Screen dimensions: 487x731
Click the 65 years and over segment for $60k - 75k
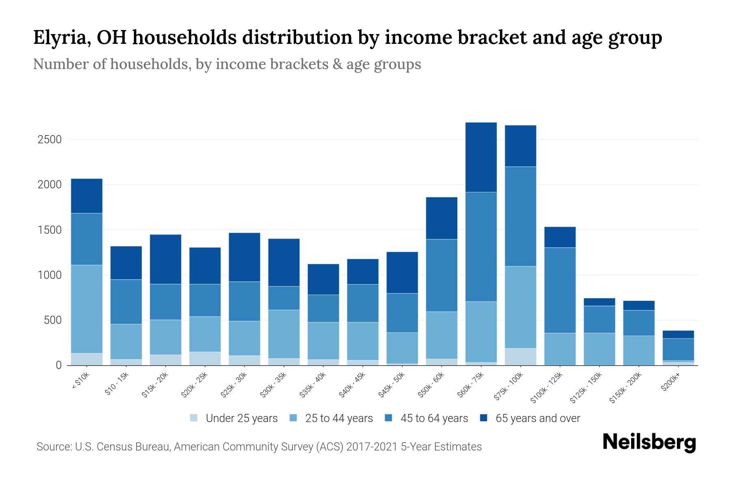[481, 157]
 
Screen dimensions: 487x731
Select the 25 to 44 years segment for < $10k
[87, 309]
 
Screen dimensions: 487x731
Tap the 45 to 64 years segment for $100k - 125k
[560, 290]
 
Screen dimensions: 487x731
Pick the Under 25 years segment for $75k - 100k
[520, 357]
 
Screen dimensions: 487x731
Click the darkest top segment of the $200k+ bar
[678, 334]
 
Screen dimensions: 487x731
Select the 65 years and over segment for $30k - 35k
[284, 262]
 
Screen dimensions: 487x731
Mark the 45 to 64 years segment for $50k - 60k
[441, 275]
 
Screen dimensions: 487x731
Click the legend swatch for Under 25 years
[194, 418]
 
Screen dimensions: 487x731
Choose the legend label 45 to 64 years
[434, 418]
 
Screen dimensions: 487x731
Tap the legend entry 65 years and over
[538, 418]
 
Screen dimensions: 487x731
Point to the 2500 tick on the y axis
[50, 140]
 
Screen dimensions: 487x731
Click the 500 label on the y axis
[52, 320]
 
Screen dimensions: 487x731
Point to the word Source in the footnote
[53, 447]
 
